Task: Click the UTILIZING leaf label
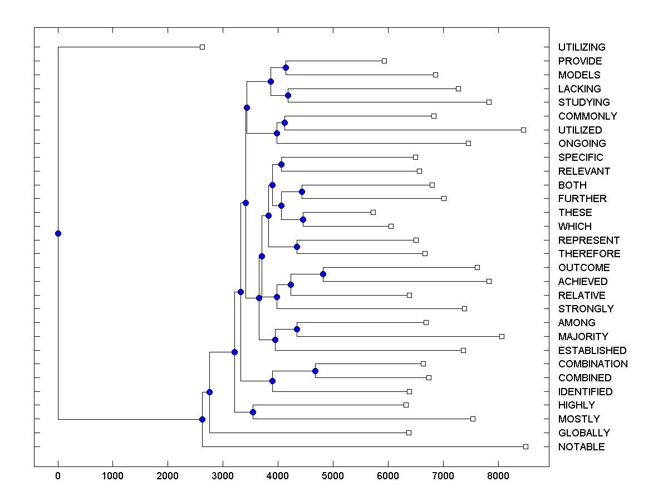click(582, 47)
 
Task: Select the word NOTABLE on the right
click(581, 447)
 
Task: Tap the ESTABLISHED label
click(592, 351)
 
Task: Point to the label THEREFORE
click(589, 254)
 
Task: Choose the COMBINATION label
click(593, 364)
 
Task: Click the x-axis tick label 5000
click(333, 477)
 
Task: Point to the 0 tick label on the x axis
click(58, 477)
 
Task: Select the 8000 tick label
click(498, 477)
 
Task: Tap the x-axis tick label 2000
click(168, 477)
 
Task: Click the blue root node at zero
click(58, 233)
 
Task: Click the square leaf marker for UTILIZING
click(202, 47)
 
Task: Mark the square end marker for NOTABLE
click(525, 446)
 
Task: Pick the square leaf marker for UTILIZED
click(523, 130)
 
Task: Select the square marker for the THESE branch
click(373, 212)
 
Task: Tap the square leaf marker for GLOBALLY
click(409, 433)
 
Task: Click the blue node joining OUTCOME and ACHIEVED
click(323, 274)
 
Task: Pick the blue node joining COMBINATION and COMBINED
click(315, 371)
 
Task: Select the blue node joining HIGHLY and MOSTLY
click(253, 412)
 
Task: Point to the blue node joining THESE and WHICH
click(303, 219)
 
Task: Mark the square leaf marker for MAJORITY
click(502, 336)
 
